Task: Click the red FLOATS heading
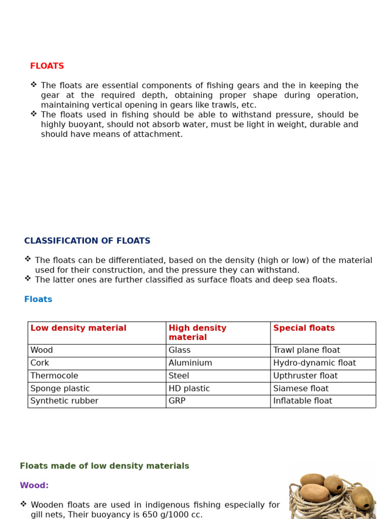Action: tap(47, 66)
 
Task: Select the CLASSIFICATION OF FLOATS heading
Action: tap(87, 241)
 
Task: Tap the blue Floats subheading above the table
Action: tap(38, 299)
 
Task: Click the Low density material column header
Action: tap(79, 328)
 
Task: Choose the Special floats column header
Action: tap(304, 328)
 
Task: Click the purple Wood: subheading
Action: tap(34, 485)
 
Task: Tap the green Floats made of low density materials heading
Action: tap(104, 466)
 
